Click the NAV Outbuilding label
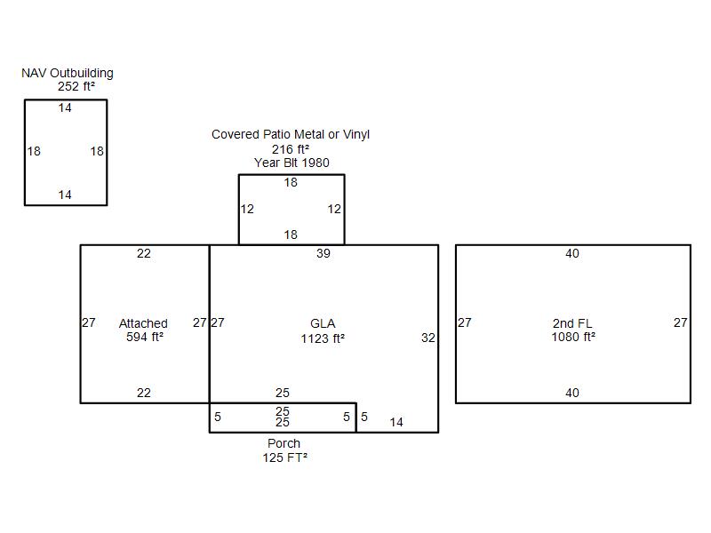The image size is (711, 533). [x=68, y=74]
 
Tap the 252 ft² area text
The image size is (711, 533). [x=76, y=86]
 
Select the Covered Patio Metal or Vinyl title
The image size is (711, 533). [x=291, y=135]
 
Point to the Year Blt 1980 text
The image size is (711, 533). [x=292, y=163]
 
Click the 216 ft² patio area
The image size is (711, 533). [x=291, y=149]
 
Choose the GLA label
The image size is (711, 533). [x=323, y=323]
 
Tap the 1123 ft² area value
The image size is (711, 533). [x=323, y=338]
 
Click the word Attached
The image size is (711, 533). [x=143, y=323]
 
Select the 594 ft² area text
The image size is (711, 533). [x=145, y=338]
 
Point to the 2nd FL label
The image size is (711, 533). [x=572, y=323]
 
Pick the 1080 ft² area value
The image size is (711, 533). [x=573, y=338]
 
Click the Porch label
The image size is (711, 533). [x=284, y=443]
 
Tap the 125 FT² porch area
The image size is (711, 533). [x=284, y=457]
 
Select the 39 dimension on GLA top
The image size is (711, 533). [x=324, y=253]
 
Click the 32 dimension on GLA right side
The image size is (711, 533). [x=428, y=338]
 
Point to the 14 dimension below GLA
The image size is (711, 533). [x=396, y=423]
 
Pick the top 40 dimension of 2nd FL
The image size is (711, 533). [x=572, y=253]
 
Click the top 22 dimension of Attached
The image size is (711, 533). [x=144, y=253]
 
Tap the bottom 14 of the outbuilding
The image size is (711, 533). [x=65, y=195]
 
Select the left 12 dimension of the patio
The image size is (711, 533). [x=247, y=209]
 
